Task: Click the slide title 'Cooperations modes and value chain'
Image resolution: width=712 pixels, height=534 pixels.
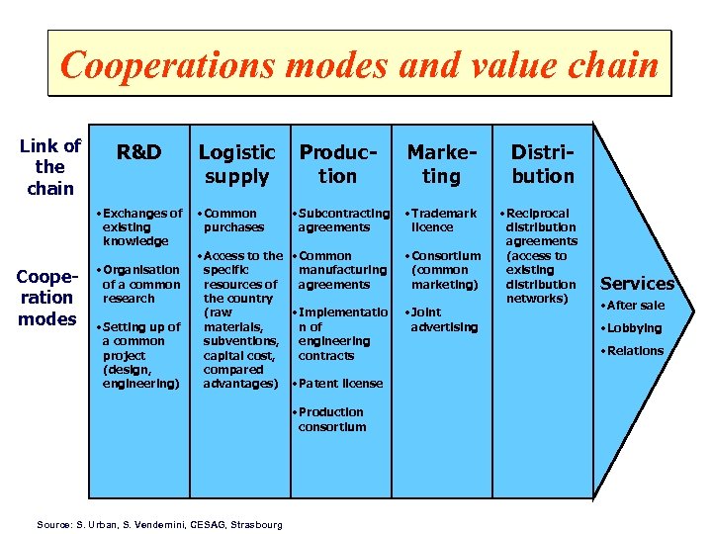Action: (x=359, y=64)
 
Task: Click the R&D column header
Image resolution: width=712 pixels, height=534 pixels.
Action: (x=139, y=152)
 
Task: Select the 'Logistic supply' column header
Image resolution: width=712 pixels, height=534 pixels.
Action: (x=236, y=164)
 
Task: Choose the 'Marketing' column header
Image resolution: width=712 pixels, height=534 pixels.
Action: (x=441, y=164)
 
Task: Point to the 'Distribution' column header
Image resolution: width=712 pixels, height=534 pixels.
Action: (x=542, y=164)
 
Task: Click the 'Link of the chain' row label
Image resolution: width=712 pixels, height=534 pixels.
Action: (x=49, y=167)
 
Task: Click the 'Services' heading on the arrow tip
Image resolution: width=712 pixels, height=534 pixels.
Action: (x=638, y=284)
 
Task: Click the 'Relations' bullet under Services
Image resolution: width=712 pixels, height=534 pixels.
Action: (x=635, y=351)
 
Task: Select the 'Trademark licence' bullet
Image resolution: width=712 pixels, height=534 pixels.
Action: (x=443, y=220)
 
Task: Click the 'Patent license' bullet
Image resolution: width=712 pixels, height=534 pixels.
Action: (x=340, y=384)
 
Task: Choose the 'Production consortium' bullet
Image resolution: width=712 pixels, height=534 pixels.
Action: (x=332, y=419)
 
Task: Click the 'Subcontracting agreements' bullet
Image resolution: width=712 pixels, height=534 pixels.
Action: (x=342, y=220)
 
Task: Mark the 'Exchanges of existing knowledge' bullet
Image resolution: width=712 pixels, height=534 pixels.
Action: (x=141, y=226)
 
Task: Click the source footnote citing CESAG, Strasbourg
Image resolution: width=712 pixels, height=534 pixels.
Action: (x=159, y=523)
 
